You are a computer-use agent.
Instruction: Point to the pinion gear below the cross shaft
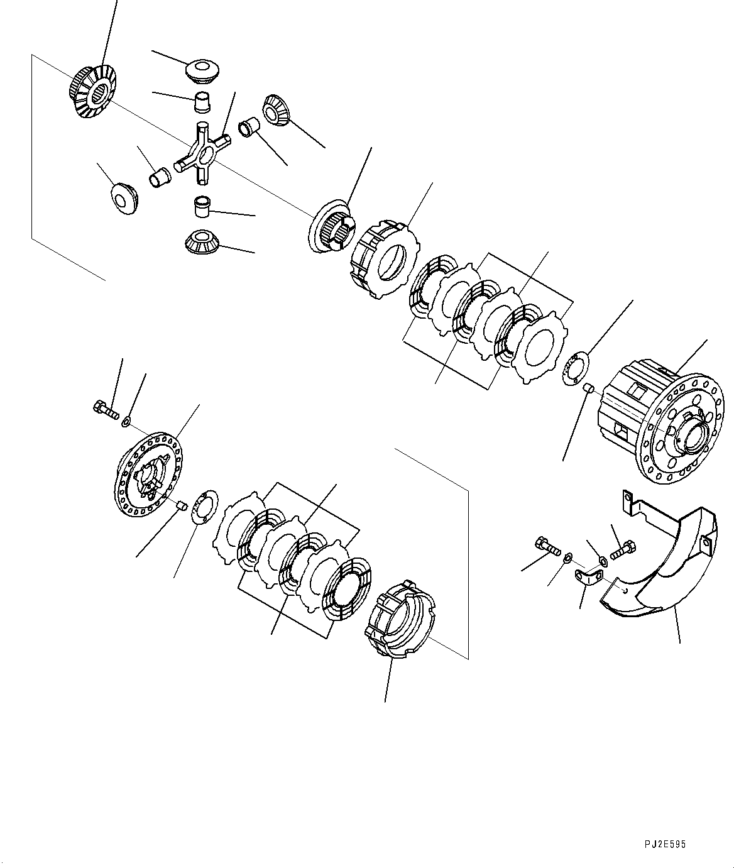tap(201, 242)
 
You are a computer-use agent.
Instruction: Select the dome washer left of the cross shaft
tap(124, 198)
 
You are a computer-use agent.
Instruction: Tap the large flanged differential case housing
tap(660, 418)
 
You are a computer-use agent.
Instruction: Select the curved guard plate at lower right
tap(660, 569)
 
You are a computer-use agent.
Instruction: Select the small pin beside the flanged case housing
tap(589, 388)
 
